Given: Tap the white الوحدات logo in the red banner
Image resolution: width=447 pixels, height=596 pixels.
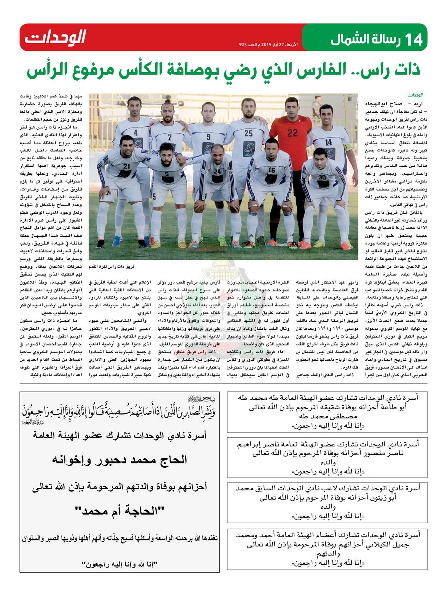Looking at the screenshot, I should pos(56,37).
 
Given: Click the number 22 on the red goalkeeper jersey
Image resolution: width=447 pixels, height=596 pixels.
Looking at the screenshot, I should pos(293,133).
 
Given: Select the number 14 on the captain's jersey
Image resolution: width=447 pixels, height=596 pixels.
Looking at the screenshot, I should pos(328,142).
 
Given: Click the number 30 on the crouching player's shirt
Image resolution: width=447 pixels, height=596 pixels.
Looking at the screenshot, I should pos(322,177).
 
